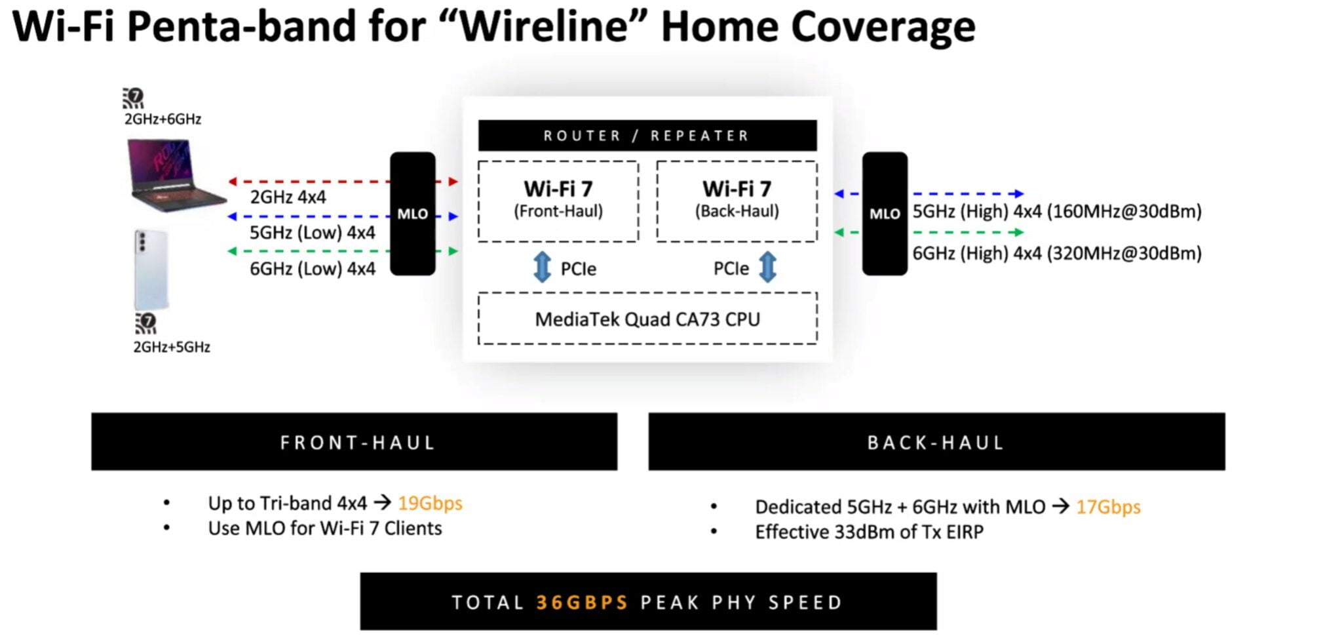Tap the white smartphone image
(x=151, y=269)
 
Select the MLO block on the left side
(x=412, y=214)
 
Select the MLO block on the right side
(x=884, y=214)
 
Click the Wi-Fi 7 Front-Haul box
(x=558, y=201)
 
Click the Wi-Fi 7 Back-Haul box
(x=737, y=201)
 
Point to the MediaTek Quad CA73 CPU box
(x=647, y=319)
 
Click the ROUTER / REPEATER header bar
(x=647, y=136)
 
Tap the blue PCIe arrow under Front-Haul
(x=542, y=268)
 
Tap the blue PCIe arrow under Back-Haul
(x=767, y=268)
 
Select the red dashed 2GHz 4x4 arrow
(x=308, y=181)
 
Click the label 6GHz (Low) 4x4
(x=312, y=269)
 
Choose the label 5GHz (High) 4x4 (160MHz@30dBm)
(x=1056, y=212)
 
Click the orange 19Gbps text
(x=430, y=504)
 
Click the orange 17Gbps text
(x=1108, y=507)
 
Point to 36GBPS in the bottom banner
(x=582, y=603)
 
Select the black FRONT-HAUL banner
(x=354, y=442)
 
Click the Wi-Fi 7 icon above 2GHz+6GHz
(x=133, y=98)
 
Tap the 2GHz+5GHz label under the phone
(x=172, y=347)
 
